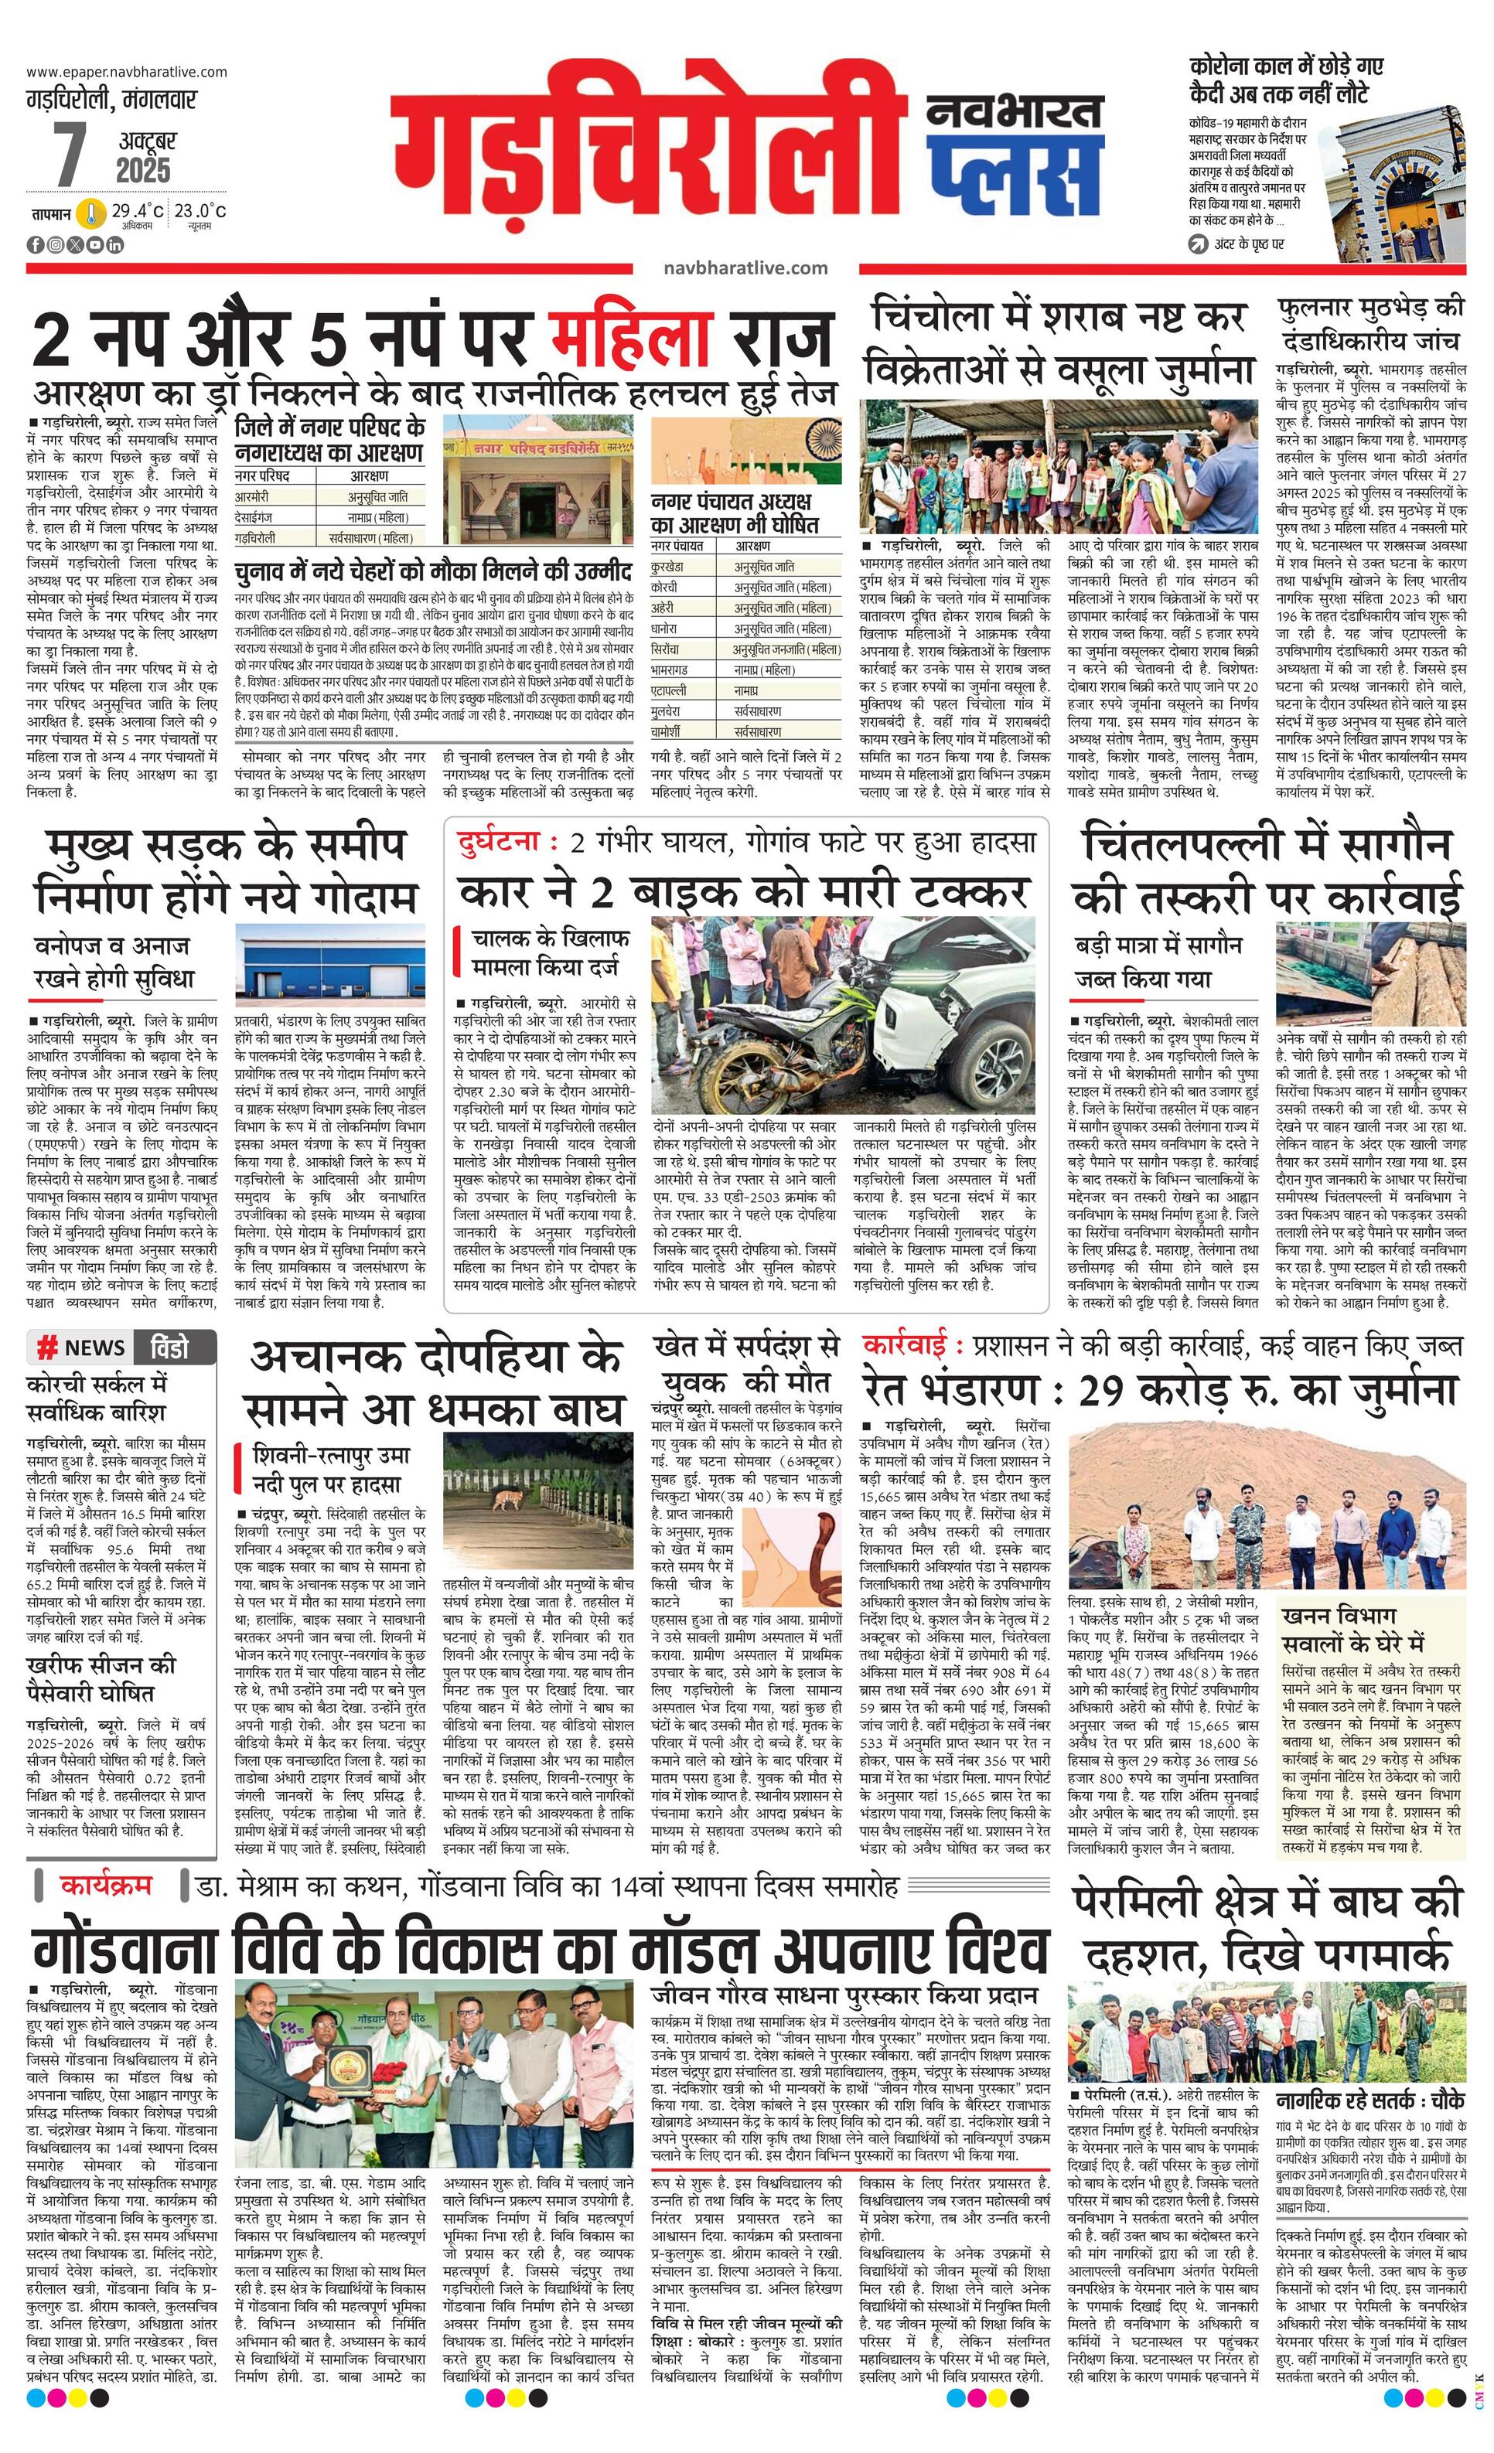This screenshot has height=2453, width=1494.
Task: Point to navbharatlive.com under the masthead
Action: (745, 267)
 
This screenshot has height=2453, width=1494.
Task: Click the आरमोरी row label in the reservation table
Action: (252, 496)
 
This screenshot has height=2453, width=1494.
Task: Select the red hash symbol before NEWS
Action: (46, 1348)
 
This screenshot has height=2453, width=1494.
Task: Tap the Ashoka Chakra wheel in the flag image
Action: (824, 438)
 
